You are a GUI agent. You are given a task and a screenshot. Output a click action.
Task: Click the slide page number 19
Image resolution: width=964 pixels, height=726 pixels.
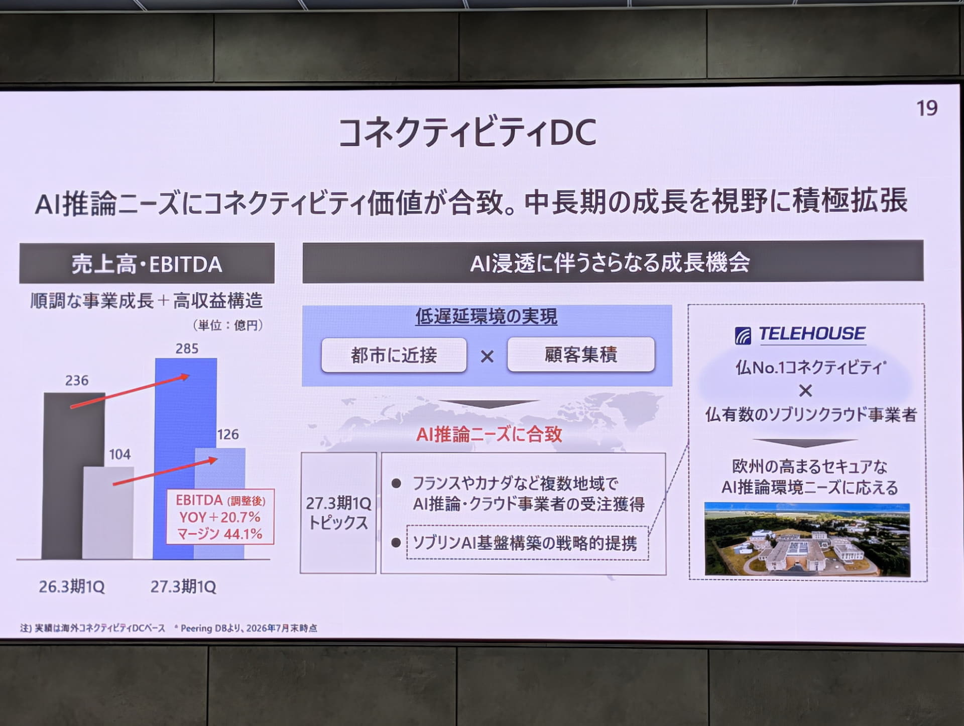tap(927, 108)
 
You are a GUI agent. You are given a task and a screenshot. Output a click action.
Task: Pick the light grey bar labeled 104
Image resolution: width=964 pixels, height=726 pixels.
tap(108, 513)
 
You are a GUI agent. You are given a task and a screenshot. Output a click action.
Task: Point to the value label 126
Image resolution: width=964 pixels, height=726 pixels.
tap(227, 434)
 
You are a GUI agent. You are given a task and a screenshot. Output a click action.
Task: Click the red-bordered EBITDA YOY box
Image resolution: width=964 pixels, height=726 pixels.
tap(220, 517)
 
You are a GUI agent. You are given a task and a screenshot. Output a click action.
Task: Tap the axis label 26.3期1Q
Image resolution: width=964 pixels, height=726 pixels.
tap(72, 586)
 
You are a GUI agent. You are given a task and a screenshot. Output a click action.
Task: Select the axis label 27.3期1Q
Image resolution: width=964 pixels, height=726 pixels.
tap(183, 586)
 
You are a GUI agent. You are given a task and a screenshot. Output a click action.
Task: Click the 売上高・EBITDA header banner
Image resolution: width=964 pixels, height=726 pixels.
tap(147, 264)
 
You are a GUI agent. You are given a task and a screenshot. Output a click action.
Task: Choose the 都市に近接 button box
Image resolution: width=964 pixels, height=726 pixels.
tap(394, 355)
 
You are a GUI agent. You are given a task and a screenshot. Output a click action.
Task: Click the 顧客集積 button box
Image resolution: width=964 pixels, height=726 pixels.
tap(581, 354)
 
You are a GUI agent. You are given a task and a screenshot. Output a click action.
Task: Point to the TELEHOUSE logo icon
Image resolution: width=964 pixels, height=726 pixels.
tap(743, 335)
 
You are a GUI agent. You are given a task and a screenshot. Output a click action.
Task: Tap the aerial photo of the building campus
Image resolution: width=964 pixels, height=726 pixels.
tap(807, 539)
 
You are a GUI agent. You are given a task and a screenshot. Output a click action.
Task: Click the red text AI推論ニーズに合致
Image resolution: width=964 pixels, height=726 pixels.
tap(489, 434)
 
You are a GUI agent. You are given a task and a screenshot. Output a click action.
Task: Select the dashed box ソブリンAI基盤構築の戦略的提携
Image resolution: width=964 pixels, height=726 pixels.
tap(527, 543)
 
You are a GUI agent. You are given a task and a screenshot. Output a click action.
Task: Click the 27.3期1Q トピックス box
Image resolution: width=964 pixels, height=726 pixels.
tap(338, 513)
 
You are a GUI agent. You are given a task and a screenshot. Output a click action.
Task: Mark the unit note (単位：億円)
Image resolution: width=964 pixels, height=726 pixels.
tap(228, 325)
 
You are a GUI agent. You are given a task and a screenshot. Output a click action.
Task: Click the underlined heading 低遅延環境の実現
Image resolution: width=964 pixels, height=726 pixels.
tap(486, 317)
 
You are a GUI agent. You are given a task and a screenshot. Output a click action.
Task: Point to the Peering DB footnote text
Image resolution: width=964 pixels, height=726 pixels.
tap(246, 628)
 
